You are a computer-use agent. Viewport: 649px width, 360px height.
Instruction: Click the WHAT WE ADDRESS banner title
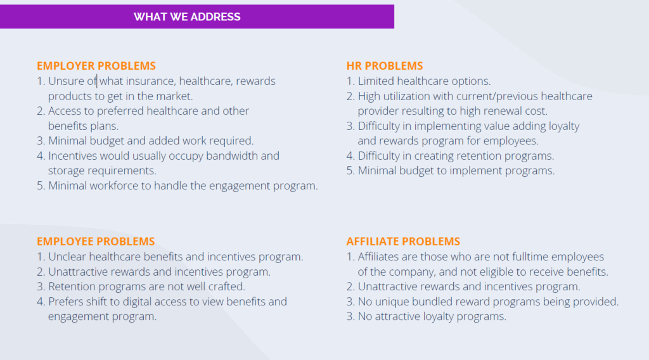click(x=187, y=17)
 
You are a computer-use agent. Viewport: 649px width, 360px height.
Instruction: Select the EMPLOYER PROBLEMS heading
click(x=96, y=66)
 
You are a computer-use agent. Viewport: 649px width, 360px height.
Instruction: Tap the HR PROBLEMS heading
click(x=385, y=66)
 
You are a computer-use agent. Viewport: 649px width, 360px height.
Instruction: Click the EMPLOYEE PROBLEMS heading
click(x=96, y=241)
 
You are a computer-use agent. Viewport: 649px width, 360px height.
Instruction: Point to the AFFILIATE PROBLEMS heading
click(x=403, y=241)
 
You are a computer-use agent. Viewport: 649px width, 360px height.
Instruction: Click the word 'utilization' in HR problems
click(x=406, y=96)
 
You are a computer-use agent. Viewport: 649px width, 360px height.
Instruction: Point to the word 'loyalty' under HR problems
click(x=564, y=126)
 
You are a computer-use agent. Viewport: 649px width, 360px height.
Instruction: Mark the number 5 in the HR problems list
click(x=350, y=171)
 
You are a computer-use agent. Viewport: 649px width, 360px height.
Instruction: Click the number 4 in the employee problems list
click(x=40, y=302)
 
